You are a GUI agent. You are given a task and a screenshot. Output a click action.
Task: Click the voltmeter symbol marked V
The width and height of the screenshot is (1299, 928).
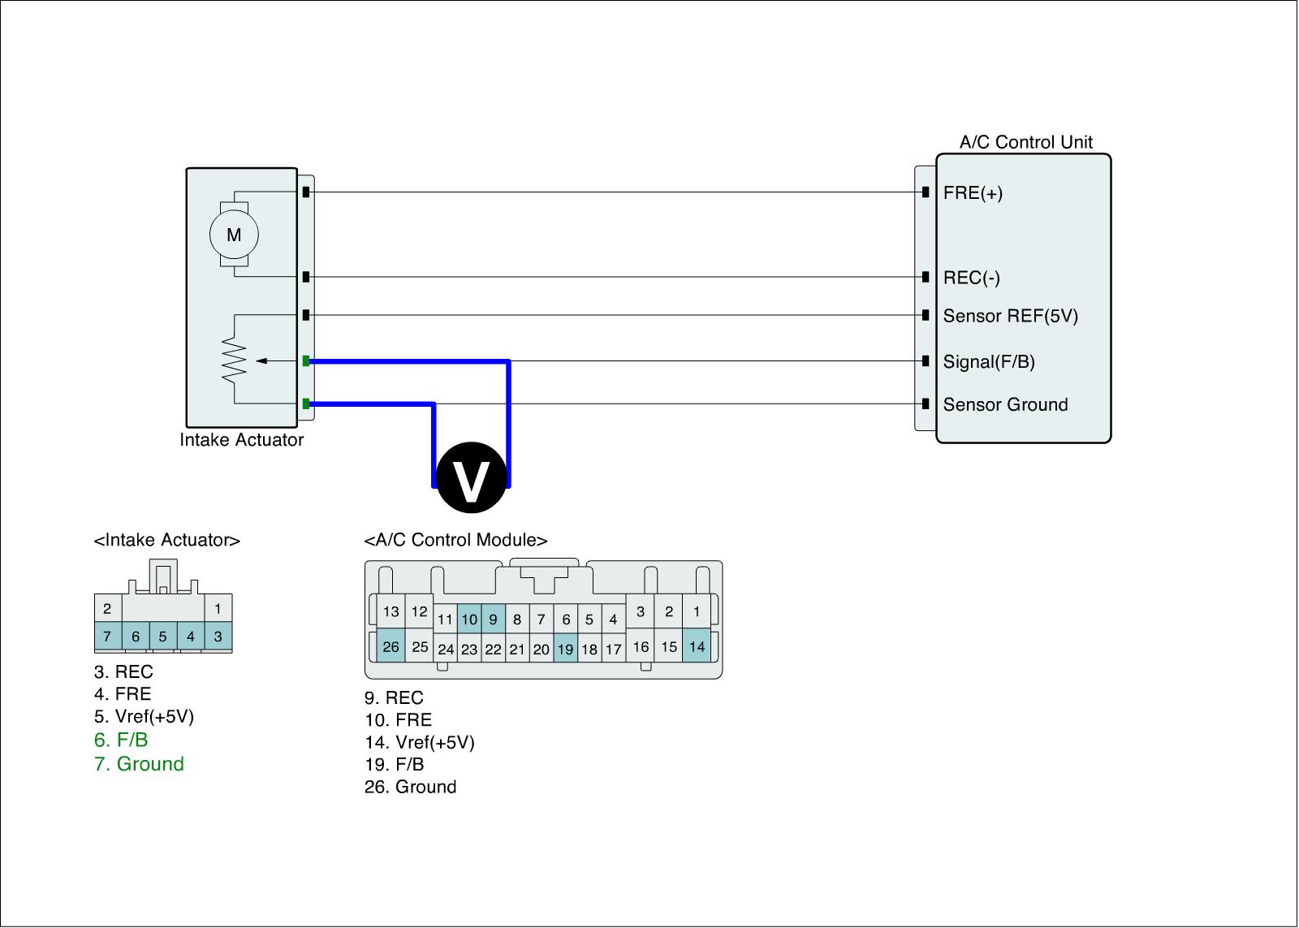(x=472, y=477)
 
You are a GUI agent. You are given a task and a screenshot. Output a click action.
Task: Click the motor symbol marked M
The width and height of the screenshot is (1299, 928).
(x=234, y=235)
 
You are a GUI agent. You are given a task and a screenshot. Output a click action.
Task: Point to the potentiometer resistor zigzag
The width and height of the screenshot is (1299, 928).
(x=235, y=360)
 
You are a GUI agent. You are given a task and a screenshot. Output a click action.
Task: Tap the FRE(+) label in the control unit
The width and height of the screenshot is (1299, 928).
(x=973, y=193)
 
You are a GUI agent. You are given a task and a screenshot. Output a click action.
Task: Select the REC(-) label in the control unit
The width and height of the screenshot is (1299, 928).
(x=971, y=278)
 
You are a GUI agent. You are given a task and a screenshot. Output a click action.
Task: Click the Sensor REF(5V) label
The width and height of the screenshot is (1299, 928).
(x=1010, y=316)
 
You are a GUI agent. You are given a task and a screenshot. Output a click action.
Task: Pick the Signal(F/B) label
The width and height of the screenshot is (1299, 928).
(x=989, y=361)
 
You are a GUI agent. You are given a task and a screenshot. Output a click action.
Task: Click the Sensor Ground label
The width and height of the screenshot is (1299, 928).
(x=1005, y=404)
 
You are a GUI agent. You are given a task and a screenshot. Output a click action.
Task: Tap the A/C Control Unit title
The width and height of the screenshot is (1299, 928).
(x=1025, y=142)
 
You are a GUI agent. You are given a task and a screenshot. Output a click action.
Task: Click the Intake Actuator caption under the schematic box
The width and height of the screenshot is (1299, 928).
(x=241, y=440)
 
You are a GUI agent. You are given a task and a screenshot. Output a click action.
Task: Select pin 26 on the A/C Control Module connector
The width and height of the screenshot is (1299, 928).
(x=391, y=646)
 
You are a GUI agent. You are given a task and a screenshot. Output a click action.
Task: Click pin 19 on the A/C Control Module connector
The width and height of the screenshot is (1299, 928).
(x=565, y=649)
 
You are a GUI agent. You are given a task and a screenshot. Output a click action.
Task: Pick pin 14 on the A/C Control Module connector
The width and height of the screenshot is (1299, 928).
(x=697, y=646)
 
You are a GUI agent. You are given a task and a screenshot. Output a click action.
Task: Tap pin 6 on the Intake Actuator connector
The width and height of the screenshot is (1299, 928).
(x=136, y=637)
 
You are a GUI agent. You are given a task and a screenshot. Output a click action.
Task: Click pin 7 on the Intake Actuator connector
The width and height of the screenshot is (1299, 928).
(x=107, y=637)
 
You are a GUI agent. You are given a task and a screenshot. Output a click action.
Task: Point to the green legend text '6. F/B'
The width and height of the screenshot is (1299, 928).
(x=121, y=740)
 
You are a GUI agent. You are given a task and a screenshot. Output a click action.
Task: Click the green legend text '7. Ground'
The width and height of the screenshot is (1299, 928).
(x=139, y=764)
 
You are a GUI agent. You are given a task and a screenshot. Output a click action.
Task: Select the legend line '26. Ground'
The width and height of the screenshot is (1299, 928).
(x=410, y=787)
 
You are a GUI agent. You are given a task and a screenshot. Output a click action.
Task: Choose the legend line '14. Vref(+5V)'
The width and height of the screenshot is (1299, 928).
(x=419, y=742)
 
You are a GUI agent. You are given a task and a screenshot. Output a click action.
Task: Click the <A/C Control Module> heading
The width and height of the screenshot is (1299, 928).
(x=455, y=540)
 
